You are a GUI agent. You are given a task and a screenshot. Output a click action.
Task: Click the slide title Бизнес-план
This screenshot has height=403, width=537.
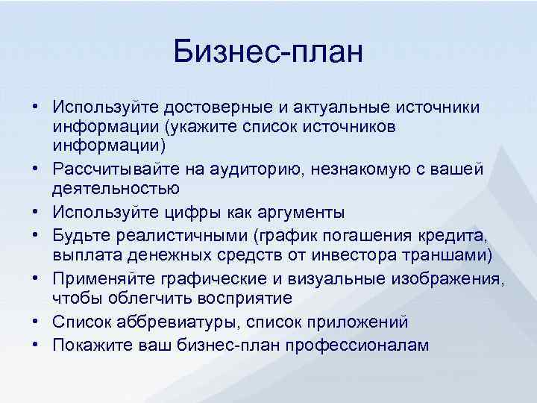tap(268, 52)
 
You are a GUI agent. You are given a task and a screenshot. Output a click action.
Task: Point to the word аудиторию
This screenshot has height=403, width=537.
tap(242, 170)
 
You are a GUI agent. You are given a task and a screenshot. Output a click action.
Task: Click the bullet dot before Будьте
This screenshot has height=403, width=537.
tap(36, 237)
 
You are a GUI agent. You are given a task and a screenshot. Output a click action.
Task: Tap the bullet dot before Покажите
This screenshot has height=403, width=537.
tap(36, 345)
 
